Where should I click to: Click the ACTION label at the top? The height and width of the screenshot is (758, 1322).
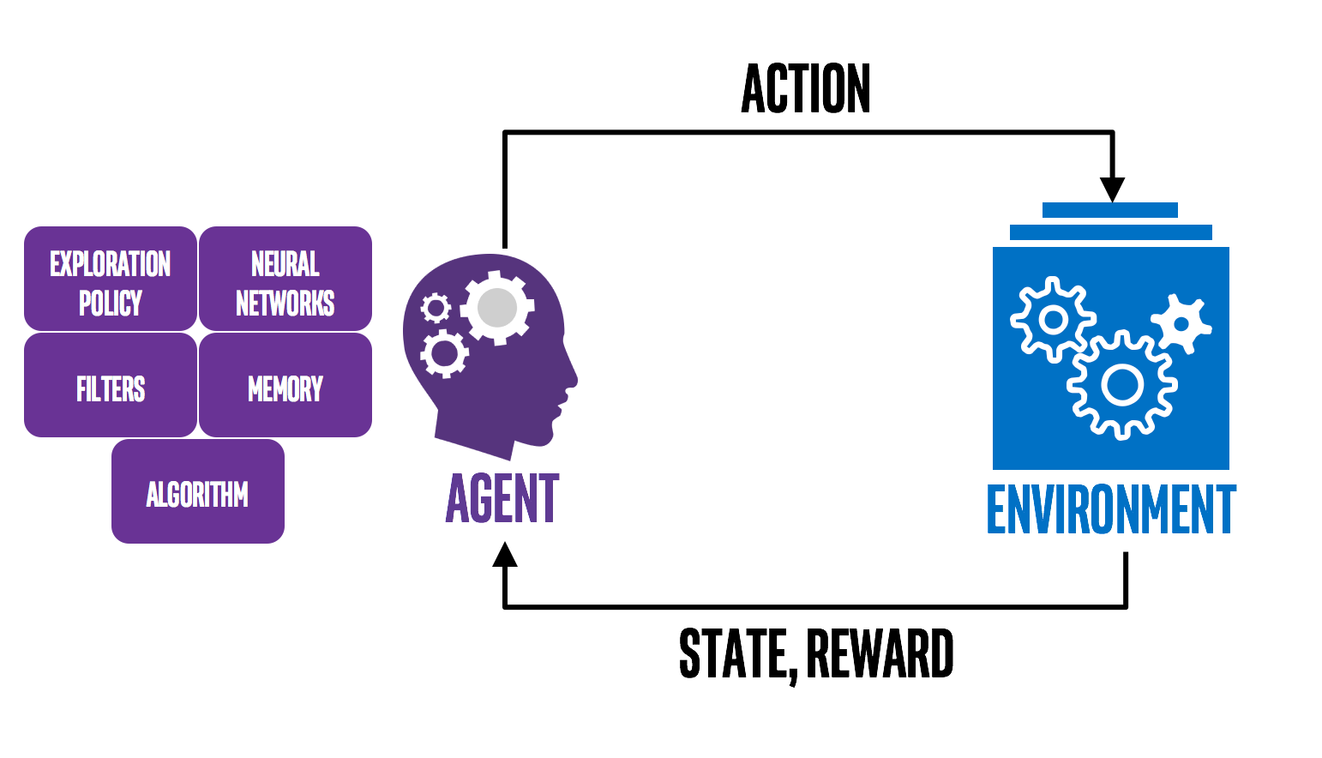coord(806,89)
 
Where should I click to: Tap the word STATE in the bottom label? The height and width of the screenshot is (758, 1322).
coord(733,653)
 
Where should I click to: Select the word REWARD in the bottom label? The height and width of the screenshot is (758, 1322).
coord(880,653)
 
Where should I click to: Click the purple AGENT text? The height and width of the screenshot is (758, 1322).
coord(502,498)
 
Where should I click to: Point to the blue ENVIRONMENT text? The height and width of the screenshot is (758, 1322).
coord(1111,509)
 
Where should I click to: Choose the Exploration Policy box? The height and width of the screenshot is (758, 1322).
coord(111,279)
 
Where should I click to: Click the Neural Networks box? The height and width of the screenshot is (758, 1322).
coord(285,279)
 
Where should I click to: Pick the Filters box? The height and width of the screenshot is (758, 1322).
coord(111,386)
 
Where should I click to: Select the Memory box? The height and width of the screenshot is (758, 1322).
coord(285,386)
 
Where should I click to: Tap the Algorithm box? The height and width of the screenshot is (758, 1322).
coord(198,492)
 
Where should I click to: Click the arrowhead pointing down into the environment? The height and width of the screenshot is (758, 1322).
coord(1112,189)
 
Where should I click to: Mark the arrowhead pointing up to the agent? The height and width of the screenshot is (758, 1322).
coord(505,555)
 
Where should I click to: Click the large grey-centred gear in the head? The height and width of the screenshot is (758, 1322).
coord(497,308)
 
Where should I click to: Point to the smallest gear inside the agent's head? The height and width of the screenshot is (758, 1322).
coord(436,308)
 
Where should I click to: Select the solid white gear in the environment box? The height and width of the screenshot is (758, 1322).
coord(1181,324)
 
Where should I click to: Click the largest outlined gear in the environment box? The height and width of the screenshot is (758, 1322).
coord(1122,385)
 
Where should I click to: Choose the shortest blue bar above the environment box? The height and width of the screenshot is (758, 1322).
coord(1110,210)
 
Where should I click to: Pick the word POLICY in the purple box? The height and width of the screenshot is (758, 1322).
coord(111,303)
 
